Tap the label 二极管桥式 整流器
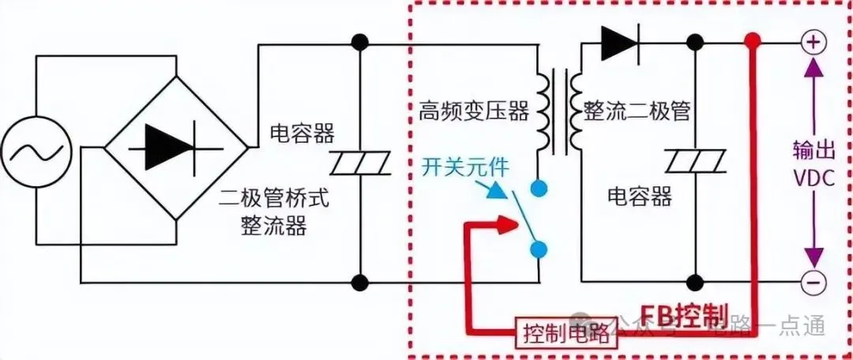273,212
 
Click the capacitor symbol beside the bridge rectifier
360,163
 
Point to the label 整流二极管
637,111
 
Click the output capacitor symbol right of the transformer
694,163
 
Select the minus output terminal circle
813,280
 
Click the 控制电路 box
566,333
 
